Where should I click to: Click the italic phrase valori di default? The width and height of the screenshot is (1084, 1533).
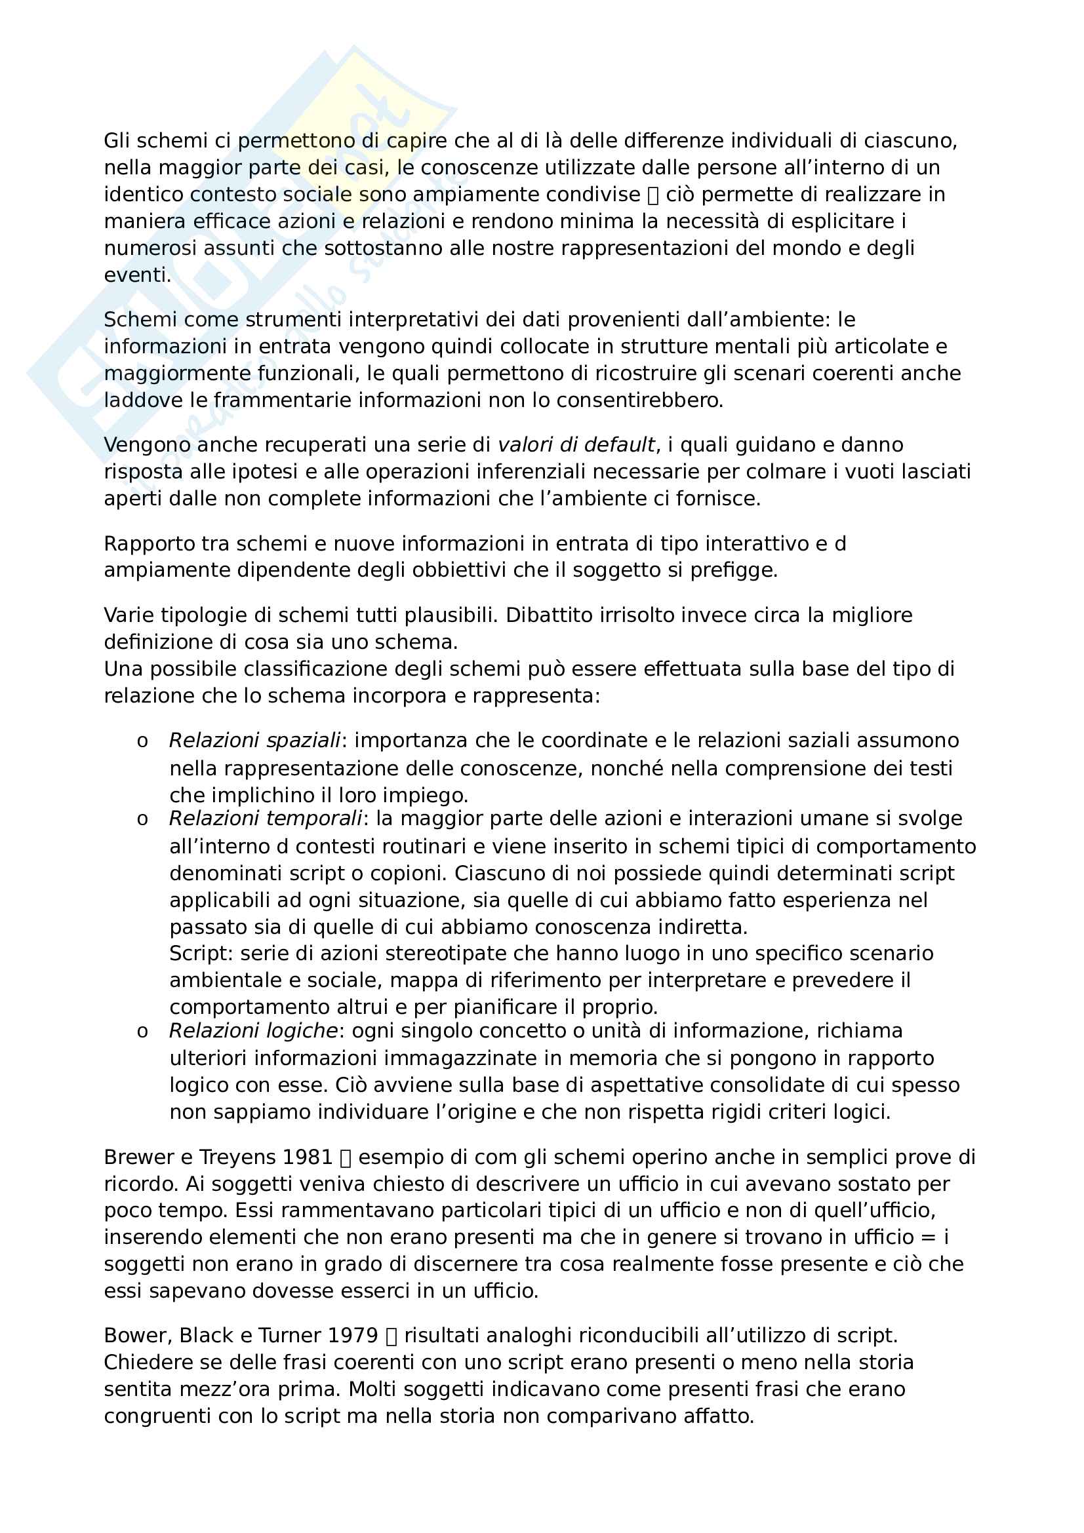click(x=576, y=444)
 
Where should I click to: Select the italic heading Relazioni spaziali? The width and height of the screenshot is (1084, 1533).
click(x=254, y=741)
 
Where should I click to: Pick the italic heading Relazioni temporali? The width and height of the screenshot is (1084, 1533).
click(x=265, y=819)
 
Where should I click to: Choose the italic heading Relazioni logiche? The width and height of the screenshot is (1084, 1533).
click(x=252, y=1031)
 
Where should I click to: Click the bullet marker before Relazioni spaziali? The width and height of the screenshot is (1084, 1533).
click(x=142, y=742)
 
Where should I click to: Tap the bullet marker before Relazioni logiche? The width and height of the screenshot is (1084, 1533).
click(x=142, y=1032)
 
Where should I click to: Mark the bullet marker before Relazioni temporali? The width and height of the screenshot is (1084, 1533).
click(x=142, y=820)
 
